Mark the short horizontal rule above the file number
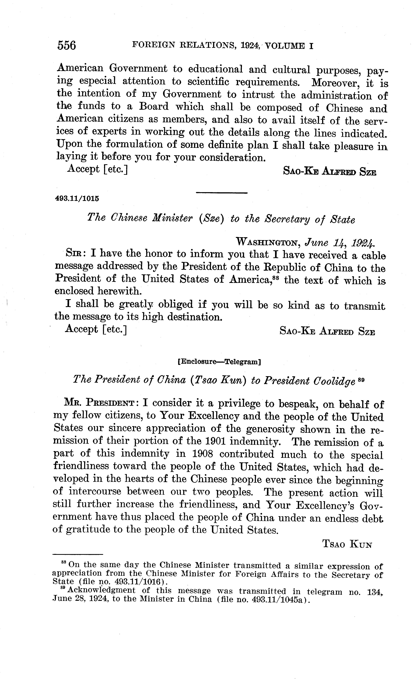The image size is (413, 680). coord(221,193)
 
